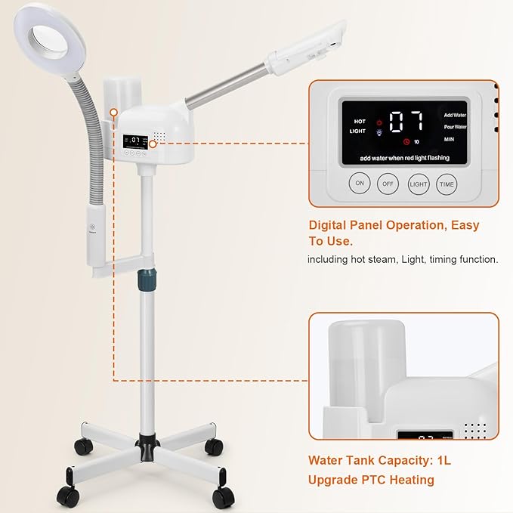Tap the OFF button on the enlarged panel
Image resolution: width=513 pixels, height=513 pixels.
coord(388,184)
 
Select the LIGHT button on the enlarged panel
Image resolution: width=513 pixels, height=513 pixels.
coord(419,184)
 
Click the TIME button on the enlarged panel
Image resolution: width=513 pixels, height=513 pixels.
coord(447,184)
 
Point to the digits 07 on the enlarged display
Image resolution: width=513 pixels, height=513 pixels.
coord(406,122)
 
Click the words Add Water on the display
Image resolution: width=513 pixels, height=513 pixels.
coord(455,114)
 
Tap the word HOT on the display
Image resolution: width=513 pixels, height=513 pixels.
coord(359,121)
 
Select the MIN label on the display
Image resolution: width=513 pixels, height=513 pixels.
coord(449,139)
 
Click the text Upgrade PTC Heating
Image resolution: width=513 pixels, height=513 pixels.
coord(371,480)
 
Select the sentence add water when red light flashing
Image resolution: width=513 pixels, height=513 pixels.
coord(405,158)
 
